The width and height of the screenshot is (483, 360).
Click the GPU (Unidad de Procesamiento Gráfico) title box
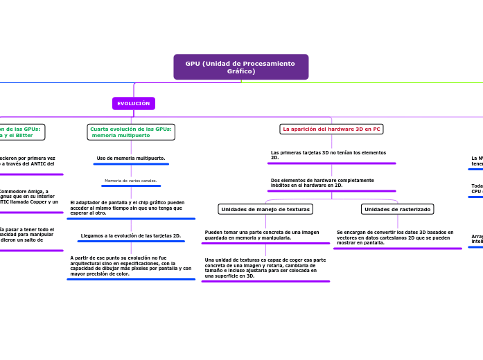pyautogui.click(x=240, y=67)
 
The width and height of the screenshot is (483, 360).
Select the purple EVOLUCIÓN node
pyautogui.click(x=134, y=104)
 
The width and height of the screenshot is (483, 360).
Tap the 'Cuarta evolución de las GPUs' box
pyautogui.click(x=131, y=132)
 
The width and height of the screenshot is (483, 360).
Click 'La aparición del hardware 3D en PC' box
pyautogui.click(x=331, y=129)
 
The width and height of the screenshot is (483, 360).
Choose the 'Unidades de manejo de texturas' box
pyautogui.click(x=265, y=209)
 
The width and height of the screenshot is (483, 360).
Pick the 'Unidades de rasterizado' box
pyautogui.click(x=397, y=209)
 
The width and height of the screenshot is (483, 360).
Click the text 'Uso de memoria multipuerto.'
pyautogui.click(x=131, y=158)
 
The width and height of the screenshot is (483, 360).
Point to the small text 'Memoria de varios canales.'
pyautogui.click(x=131, y=181)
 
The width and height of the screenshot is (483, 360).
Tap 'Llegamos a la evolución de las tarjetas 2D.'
pyautogui.click(x=131, y=236)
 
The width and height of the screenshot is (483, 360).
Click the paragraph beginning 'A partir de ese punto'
pyautogui.click(x=130, y=266)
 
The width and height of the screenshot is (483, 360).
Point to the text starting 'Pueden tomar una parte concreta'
pyautogui.click(x=262, y=235)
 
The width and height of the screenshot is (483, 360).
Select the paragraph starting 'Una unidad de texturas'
pyautogui.click(x=265, y=268)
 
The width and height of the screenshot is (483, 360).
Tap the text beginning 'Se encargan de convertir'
pyautogui.click(x=395, y=237)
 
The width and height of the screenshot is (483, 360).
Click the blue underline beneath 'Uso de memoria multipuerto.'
pyautogui.click(x=131, y=164)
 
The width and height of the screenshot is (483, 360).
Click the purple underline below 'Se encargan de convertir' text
pyautogui.click(x=398, y=248)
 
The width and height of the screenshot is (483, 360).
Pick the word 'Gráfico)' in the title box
pyautogui.click(x=241, y=71)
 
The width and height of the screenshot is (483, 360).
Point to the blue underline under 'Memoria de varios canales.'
pyautogui.click(x=131, y=186)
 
